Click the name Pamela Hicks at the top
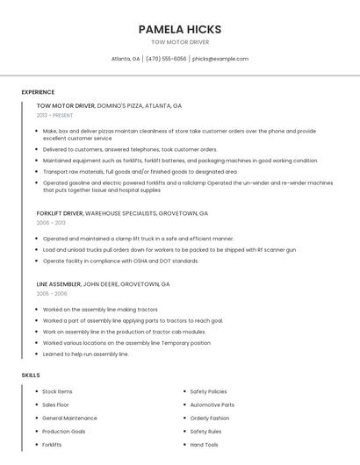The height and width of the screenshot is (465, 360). coord(179,29)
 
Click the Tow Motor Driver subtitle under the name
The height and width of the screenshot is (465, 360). coord(179,42)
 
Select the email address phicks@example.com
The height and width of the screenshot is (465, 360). coord(220,59)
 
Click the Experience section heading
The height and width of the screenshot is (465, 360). coord(38,92)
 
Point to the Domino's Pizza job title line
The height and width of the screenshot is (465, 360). coord(109,105)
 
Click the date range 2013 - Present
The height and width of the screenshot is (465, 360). coord(54,115)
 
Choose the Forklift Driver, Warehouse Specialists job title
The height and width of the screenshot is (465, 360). coord(122,213)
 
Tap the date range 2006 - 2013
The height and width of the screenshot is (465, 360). coord(51,223)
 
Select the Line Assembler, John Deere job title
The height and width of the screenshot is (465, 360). coord(103,284)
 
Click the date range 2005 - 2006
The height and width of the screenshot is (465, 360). coord(52,294)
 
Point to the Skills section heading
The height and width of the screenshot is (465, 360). coord(31,375)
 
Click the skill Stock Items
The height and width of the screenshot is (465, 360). coord(57,391)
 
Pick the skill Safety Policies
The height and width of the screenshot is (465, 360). coord(208,391)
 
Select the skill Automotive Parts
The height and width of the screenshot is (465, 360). coord(212,404)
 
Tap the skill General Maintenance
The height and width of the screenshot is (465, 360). coord(69,418)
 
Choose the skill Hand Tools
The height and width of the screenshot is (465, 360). coord(204,445)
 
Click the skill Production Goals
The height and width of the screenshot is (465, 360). coord(63,432)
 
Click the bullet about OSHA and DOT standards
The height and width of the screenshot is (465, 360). coord(120,261)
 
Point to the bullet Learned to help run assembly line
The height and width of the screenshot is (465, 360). coord(85,354)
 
